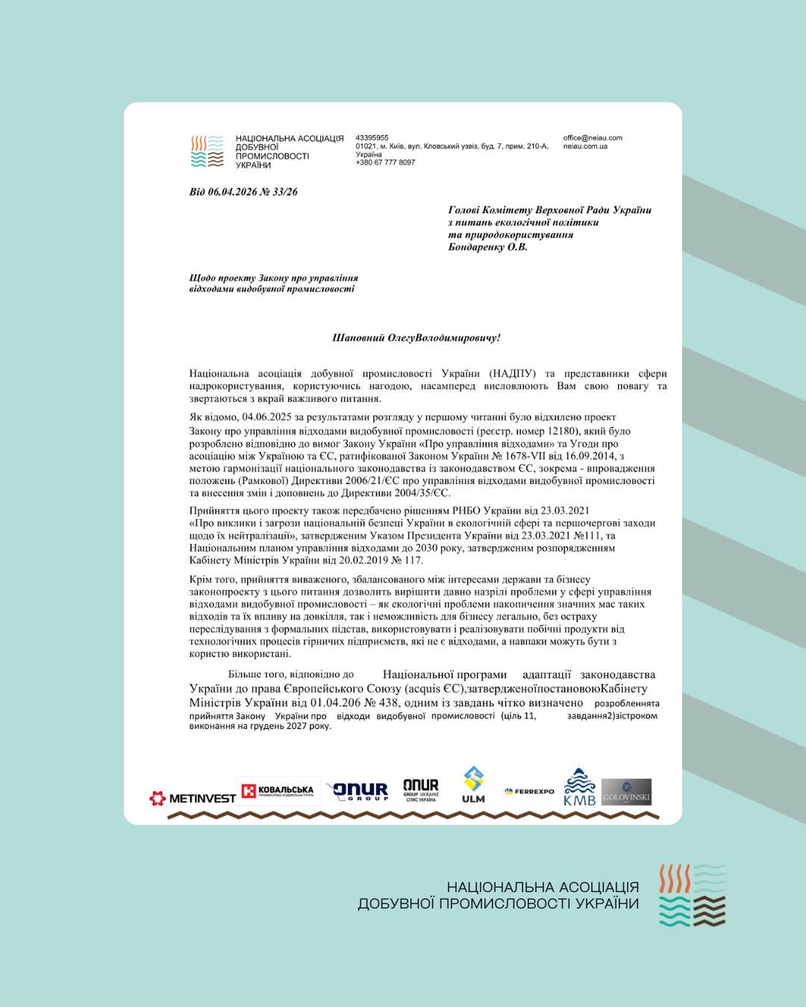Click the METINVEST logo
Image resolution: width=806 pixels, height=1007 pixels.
point(193,798)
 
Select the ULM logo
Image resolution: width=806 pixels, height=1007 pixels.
point(473,785)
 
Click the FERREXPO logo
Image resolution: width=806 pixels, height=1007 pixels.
point(529,791)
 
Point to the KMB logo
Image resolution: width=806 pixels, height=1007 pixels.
point(579,788)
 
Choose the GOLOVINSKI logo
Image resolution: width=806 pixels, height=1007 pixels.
point(626,791)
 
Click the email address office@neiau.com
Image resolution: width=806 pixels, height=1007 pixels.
point(593,138)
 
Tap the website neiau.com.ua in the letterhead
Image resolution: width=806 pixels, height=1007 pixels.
point(585,146)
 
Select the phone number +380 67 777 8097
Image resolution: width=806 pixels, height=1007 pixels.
point(385,163)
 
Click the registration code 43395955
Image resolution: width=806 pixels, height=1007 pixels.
point(372,138)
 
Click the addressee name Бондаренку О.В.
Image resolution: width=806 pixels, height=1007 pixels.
point(487,247)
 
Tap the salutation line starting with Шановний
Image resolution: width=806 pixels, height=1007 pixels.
point(416,338)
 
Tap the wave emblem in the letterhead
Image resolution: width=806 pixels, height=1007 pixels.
point(207,151)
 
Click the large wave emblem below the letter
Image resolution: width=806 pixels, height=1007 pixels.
point(692,895)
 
